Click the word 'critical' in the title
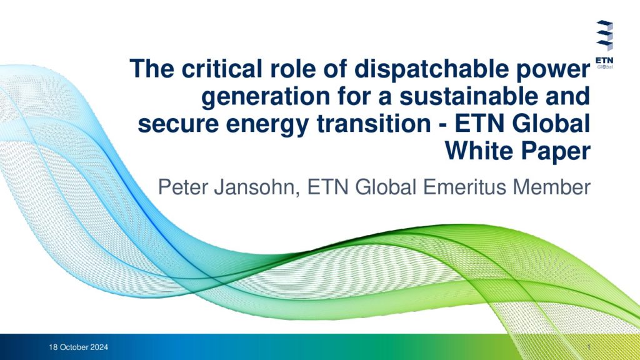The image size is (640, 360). pyautogui.click(x=222, y=68)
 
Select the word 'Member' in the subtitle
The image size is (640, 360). pyautogui.click(x=551, y=187)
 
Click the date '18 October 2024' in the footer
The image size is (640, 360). pyautogui.click(x=78, y=347)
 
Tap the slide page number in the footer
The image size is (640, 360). pyautogui.click(x=589, y=347)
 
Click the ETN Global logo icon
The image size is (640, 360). pyautogui.click(x=604, y=35)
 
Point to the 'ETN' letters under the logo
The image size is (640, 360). pyautogui.click(x=604, y=61)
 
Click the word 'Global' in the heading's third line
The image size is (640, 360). pyautogui.click(x=551, y=124)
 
